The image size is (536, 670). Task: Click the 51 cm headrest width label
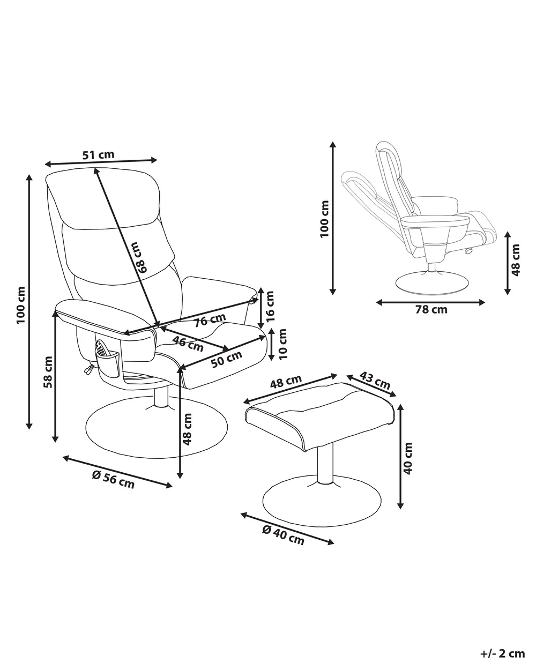coord(99,154)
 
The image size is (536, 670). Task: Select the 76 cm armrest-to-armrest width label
coord(210,321)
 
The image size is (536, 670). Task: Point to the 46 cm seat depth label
coord(188,344)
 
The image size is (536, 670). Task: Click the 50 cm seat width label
coord(226,359)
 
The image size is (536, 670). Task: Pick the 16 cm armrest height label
coord(270,307)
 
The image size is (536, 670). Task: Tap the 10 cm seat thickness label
coord(282,344)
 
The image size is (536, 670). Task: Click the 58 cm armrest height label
coord(48,373)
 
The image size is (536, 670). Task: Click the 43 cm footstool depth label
coord(375,380)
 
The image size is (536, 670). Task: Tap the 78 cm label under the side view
coord(431,310)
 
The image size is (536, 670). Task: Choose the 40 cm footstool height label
coord(408,458)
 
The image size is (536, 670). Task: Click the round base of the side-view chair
coord(431,282)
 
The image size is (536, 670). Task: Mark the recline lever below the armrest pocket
coord(88,368)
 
